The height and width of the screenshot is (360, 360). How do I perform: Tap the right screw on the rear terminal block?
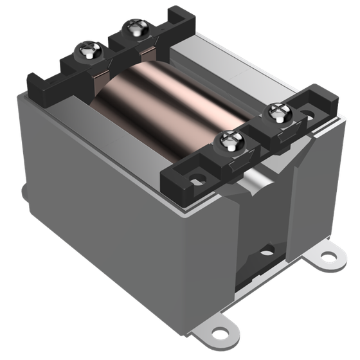135,28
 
